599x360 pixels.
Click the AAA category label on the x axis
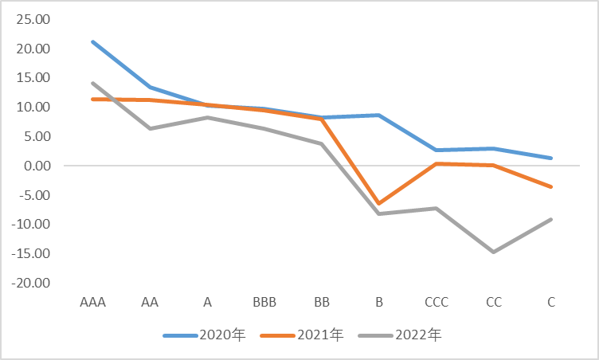pos(93,303)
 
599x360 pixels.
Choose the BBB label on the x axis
pos(264,303)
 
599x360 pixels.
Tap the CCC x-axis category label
pos(437,303)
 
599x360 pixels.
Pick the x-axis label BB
pos(322,303)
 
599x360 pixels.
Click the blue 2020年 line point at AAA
pos(93,41)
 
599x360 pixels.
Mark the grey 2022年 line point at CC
pos(494,252)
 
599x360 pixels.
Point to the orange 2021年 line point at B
pos(379,204)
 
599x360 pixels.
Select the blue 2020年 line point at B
pos(379,115)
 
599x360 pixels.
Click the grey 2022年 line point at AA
pos(151,128)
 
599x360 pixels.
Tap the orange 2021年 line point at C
pos(551,186)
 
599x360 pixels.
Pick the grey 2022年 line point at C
pos(551,219)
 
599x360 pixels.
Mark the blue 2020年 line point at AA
pos(151,87)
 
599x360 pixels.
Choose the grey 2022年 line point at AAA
pos(93,83)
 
